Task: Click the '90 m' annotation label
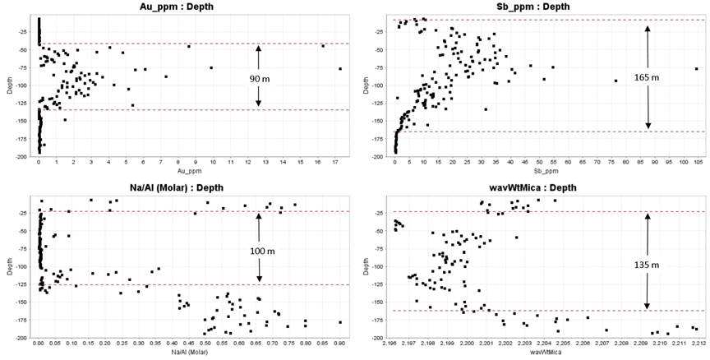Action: [x=259, y=78]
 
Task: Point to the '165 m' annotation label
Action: [x=648, y=77]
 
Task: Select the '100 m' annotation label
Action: [x=259, y=248]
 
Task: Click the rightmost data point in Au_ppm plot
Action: [x=339, y=68]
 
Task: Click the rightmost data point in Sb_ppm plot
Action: [x=696, y=68]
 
